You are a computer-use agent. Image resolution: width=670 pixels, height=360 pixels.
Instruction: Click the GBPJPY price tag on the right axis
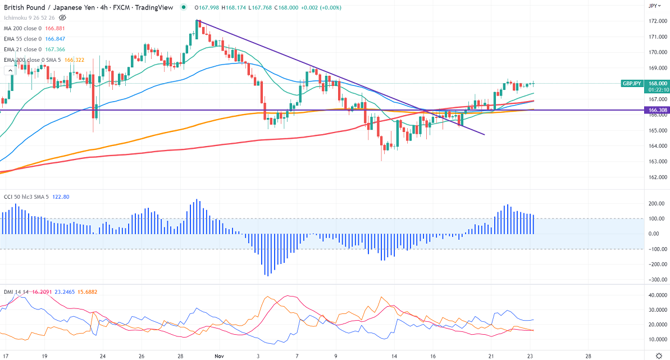tap(632, 83)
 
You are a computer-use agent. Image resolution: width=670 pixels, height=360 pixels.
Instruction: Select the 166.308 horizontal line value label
tap(658, 110)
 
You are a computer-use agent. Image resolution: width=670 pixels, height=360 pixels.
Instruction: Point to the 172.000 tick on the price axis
tap(658, 21)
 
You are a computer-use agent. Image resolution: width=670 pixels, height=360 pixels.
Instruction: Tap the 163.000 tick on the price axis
tap(658, 162)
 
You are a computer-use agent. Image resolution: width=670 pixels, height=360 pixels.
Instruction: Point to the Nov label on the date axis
tap(219, 356)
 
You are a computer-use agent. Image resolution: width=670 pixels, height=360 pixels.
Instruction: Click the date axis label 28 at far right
tap(588, 356)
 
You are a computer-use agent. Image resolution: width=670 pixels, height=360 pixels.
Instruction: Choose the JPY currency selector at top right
tap(653, 6)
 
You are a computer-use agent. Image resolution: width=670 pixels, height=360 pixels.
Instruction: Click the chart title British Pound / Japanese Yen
tap(49, 7)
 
